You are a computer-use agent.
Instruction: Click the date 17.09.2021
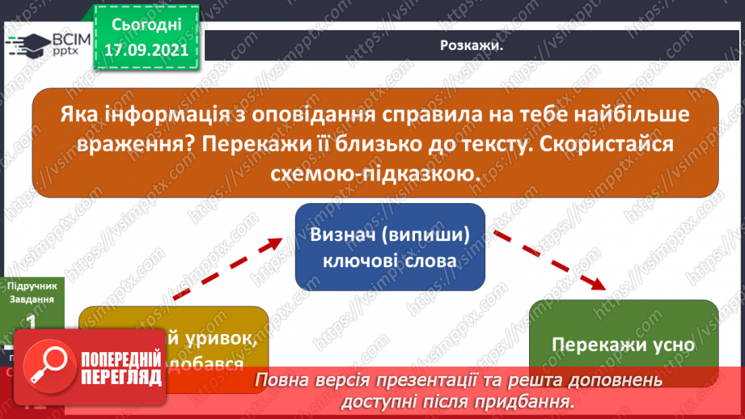tap(146, 48)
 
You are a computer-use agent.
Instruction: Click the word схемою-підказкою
tap(375, 174)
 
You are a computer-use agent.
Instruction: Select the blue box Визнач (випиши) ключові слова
tap(389, 247)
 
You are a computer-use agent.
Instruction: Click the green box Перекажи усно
tap(623, 343)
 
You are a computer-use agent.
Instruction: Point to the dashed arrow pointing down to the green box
tap(551, 258)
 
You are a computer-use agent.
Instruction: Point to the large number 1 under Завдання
tap(32, 323)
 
